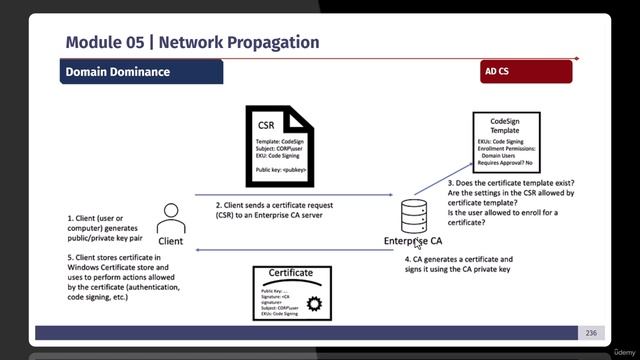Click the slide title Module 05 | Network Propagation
pyautogui.click(x=192, y=42)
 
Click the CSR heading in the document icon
pyautogui.click(x=266, y=125)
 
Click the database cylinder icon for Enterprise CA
pyautogui.click(x=413, y=215)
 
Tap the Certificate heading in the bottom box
pyautogui.click(x=291, y=273)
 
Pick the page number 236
pyautogui.click(x=591, y=333)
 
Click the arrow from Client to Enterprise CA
pyautogui.click(x=290, y=195)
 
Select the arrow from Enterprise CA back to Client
pyautogui.click(x=290, y=251)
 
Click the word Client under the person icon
pyautogui.click(x=171, y=241)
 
